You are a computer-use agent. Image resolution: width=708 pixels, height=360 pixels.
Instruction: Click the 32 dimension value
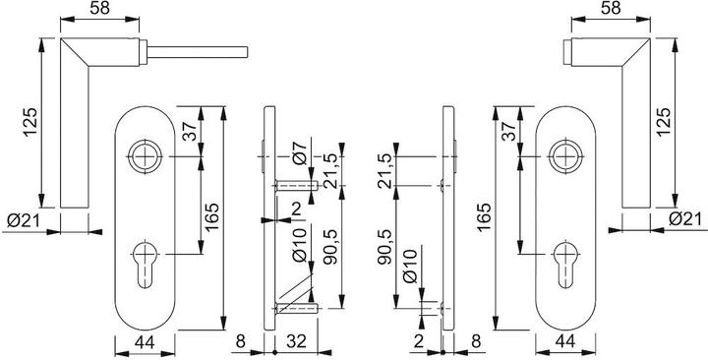297,341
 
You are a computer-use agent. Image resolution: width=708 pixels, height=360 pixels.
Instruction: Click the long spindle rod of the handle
198,52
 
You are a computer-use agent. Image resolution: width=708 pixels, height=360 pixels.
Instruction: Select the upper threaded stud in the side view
296,185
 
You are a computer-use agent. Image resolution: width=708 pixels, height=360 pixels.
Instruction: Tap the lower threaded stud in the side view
296,309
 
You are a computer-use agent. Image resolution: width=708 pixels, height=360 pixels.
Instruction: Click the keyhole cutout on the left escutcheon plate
146,264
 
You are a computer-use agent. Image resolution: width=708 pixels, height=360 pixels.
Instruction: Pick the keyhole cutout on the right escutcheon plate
566,266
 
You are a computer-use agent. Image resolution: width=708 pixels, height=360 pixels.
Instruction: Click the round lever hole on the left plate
145,156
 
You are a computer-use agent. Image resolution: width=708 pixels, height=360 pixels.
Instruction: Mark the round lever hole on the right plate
565,156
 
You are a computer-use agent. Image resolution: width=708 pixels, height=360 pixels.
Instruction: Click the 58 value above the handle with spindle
99,9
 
